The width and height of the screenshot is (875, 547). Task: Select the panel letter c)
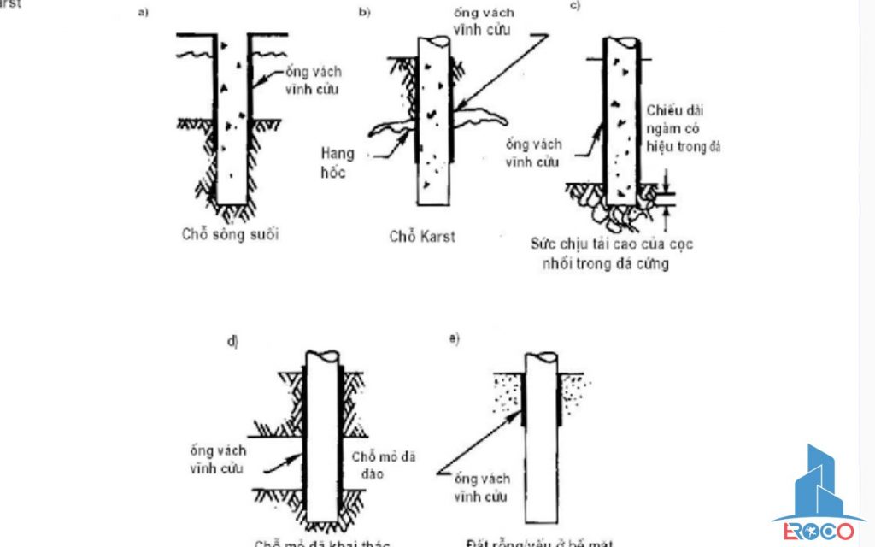coord(576,8)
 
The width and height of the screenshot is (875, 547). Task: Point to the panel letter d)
coord(232,341)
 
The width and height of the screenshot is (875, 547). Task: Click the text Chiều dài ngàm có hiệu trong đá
coord(682,128)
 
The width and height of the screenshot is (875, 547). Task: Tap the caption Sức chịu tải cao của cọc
coord(612,244)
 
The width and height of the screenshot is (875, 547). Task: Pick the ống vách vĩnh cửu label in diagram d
coord(220,459)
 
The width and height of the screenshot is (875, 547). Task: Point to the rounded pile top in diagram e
coord(543,358)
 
